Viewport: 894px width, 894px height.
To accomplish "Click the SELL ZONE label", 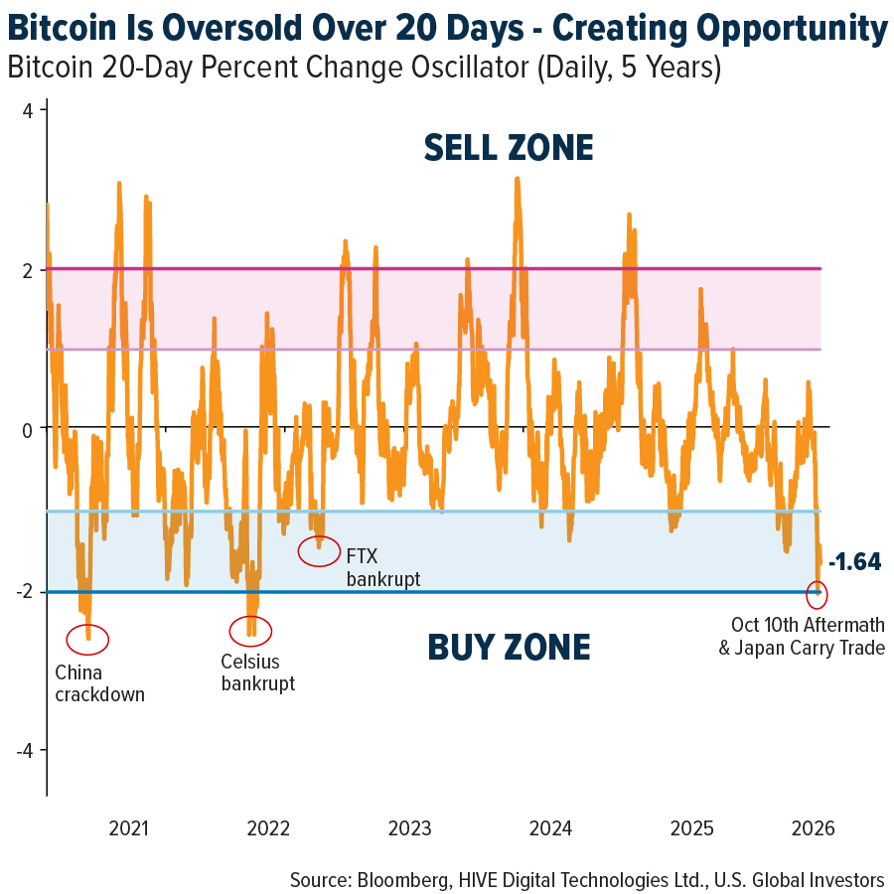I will click(x=508, y=148).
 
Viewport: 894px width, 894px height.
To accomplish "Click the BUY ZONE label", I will click(x=509, y=648).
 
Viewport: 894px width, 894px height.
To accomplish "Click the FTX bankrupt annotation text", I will click(x=382, y=565).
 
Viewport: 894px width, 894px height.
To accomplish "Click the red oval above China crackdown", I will click(x=87, y=639).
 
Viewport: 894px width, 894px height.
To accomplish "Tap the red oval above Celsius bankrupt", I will click(x=250, y=630).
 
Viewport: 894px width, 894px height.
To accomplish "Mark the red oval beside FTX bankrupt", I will click(x=320, y=549).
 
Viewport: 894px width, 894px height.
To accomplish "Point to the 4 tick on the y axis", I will click(x=29, y=110).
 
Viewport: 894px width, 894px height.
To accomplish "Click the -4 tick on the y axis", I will click(x=24, y=751).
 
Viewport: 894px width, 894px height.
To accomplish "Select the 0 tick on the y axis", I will click(x=29, y=429).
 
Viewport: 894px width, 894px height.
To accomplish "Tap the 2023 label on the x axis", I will click(x=409, y=828).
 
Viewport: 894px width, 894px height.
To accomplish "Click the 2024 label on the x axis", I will click(x=550, y=828).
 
